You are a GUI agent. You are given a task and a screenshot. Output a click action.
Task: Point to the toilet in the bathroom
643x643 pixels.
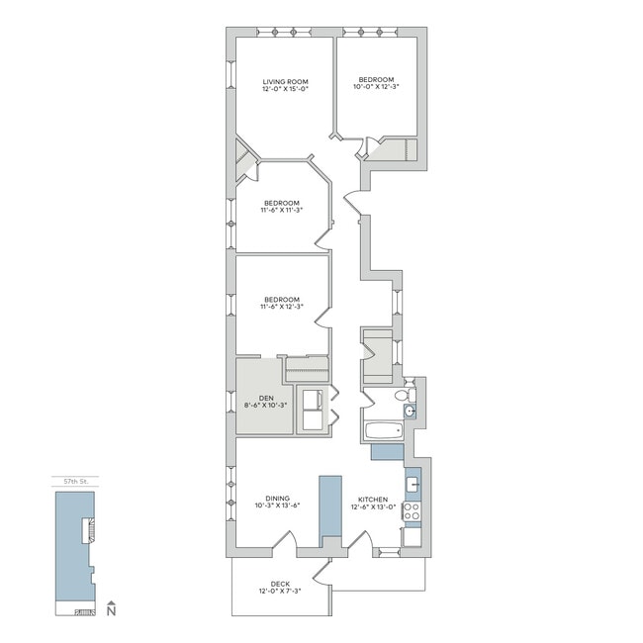pos(402,396)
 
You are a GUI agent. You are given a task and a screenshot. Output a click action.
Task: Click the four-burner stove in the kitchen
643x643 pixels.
pos(412,513)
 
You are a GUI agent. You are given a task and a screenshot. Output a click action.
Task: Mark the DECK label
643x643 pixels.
pos(280,584)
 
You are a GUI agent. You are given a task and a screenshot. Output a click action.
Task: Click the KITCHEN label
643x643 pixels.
pos(373,500)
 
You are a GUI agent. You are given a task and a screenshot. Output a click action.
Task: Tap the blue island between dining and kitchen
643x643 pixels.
pos(329,509)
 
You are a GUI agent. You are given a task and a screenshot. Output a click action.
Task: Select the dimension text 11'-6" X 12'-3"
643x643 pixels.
pos(281,307)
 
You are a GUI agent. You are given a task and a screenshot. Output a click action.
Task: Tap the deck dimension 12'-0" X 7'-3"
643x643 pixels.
pos(280,593)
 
